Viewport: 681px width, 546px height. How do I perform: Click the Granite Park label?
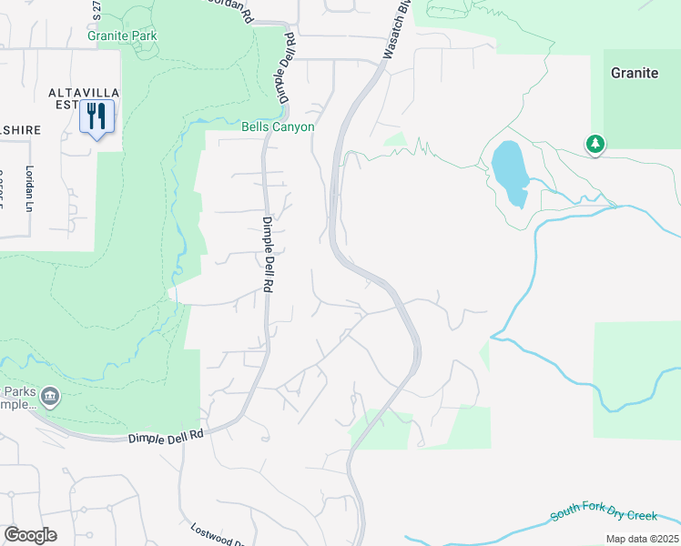tap(123, 36)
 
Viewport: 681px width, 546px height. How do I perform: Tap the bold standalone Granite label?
tap(635, 73)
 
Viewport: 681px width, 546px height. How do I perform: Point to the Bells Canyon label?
tap(278, 127)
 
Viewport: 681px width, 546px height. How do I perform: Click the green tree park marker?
tap(595, 144)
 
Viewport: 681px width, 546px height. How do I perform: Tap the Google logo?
tap(30, 535)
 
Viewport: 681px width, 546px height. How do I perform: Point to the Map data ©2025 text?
tap(642, 539)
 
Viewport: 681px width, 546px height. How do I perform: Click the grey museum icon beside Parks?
tap(50, 396)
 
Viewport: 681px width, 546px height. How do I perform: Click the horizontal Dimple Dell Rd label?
tap(164, 438)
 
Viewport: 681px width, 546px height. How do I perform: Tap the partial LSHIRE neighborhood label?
tap(20, 130)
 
